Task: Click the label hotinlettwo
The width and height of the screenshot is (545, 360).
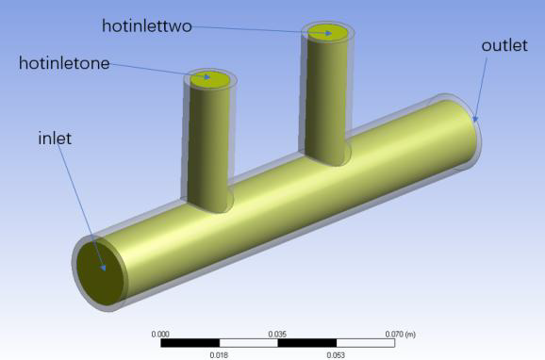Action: [x=147, y=26]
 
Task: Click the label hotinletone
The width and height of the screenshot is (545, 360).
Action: [x=64, y=63]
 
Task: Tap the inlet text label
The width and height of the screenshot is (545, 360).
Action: [x=55, y=139]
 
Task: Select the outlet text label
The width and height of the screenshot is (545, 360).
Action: [x=504, y=45]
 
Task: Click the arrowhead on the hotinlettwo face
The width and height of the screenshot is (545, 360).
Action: [x=328, y=33]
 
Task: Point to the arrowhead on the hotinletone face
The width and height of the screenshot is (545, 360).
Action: [x=207, y=76]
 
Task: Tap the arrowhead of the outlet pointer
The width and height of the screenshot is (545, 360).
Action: [x=475, y=120]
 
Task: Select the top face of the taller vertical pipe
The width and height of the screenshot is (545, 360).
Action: [x=328, y=33]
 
